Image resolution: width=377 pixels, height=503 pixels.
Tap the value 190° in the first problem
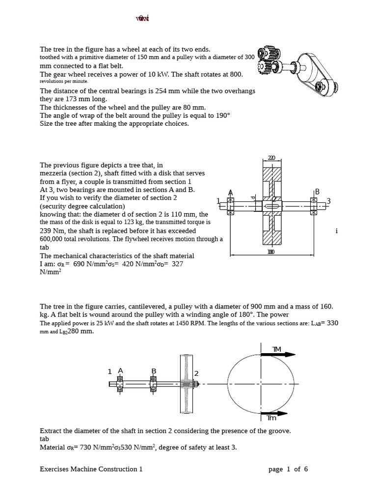click(222, 115)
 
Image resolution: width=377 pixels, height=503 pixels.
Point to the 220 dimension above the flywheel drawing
click(271, 158)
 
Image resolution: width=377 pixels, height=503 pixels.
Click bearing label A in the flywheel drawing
click(230, 192)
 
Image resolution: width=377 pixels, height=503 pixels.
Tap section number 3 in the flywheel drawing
click(328, 200)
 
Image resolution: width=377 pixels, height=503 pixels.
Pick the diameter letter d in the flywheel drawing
click(253, 198)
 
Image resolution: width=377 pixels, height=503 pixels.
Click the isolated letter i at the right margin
click(337, 231)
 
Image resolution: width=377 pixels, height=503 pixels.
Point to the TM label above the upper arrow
click(276, 349)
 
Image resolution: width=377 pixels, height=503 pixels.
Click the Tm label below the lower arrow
click(271, 418)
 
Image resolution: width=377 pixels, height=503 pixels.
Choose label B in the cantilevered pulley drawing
click(154, 371)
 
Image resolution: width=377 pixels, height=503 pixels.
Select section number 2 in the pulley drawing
click(196, 373)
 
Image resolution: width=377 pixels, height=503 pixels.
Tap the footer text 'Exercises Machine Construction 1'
click(91, 469)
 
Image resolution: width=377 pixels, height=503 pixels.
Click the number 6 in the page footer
click(306, 469)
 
